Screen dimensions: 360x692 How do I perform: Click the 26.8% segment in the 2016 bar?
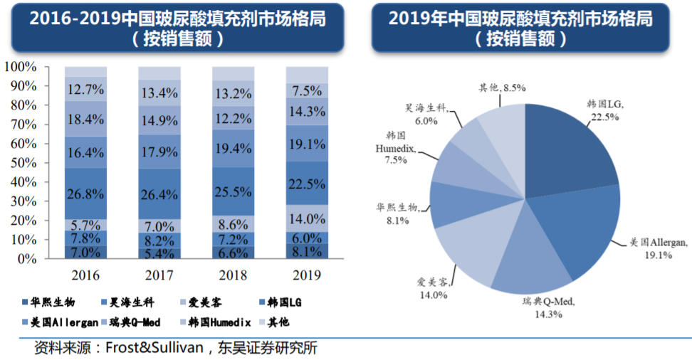pos(85,194)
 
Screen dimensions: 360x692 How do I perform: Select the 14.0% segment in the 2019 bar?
pos(307,218)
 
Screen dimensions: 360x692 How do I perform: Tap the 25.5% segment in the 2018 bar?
pos(233,192)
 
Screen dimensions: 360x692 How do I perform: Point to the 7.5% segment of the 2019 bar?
pos(307,90)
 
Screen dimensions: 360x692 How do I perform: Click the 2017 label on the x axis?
pos(159,275)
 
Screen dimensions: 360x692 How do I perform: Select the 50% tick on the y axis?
pos(23,163)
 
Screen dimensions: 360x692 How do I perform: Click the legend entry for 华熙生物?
pos(54,302)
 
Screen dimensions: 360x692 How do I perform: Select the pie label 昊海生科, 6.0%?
pos(426,115)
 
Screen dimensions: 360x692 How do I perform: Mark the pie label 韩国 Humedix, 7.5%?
pos(397,147)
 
